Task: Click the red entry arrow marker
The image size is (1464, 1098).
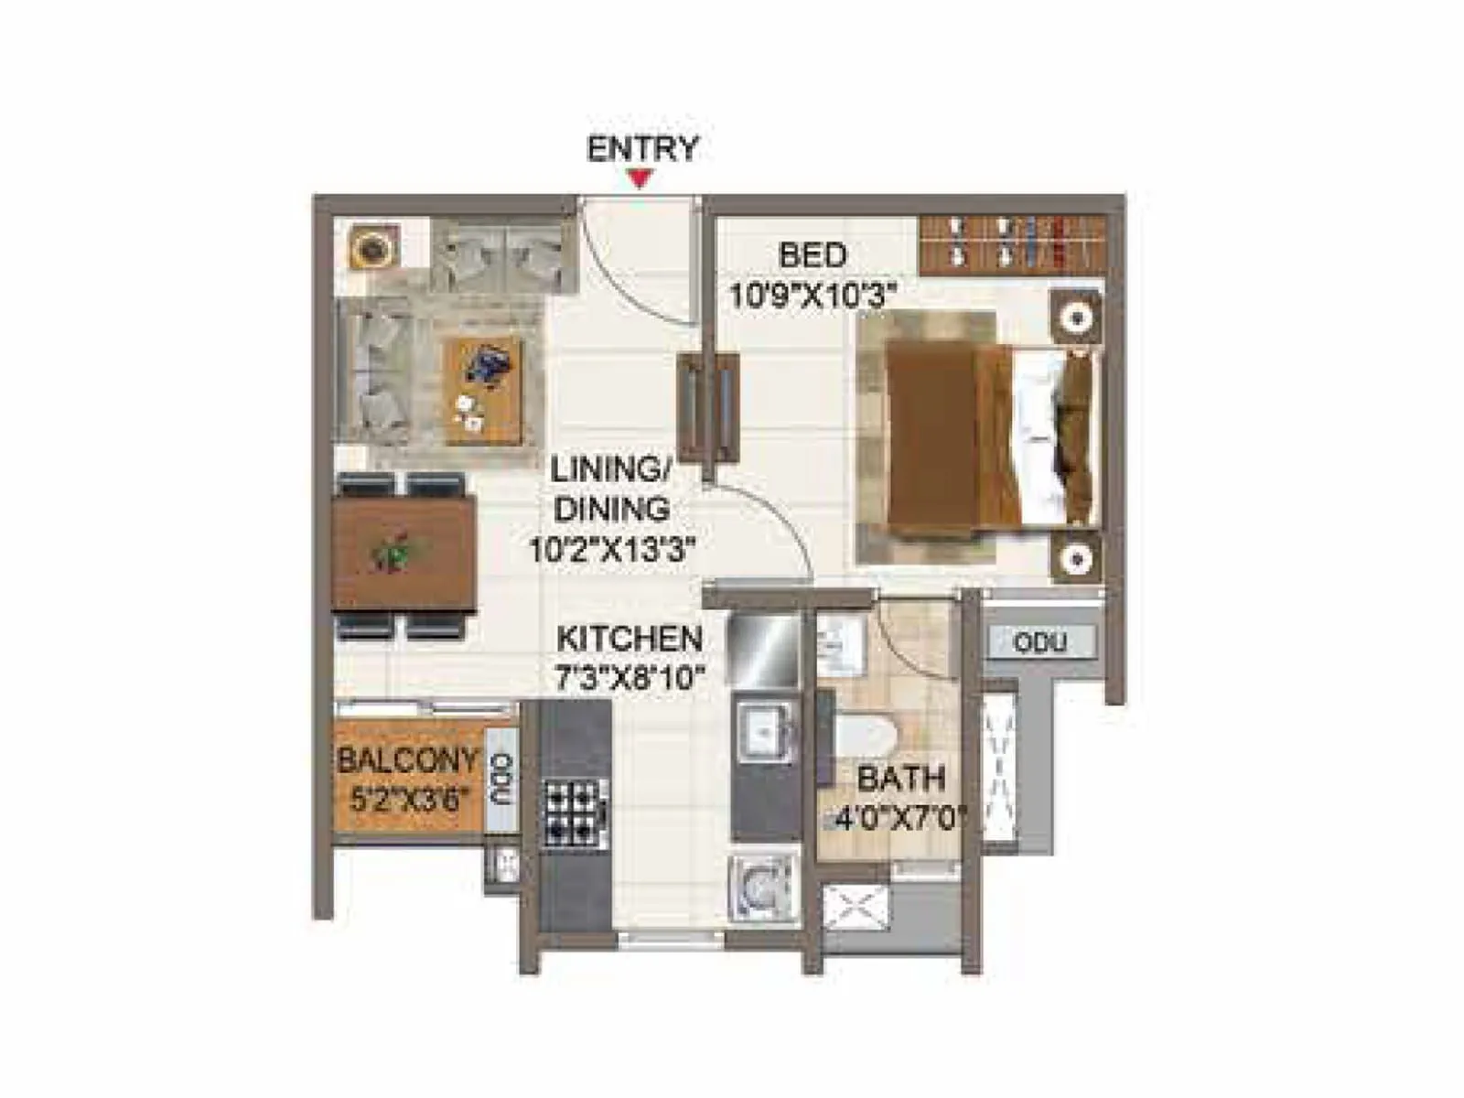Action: [641, 180]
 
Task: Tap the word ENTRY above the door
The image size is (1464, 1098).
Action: [642, 148]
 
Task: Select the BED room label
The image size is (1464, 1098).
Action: [813, 255]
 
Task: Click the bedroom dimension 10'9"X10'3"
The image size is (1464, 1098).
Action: [811, 296]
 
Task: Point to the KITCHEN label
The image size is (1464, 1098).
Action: [630, 639]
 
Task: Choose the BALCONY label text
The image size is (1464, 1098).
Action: [408, 759]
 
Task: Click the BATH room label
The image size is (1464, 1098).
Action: [900, 779]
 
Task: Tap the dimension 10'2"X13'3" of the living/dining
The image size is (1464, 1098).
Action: [614, 551]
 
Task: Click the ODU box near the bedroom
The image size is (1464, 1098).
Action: [1040, 642]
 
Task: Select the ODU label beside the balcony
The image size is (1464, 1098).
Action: [501, 779]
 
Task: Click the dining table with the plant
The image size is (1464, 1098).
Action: [404, 553]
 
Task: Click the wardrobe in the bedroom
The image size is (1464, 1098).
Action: [1011, 244]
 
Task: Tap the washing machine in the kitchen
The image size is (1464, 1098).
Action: [762, 888]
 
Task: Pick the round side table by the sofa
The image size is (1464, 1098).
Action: [371, 247]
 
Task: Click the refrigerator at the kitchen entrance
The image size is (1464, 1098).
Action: [763, 648]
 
